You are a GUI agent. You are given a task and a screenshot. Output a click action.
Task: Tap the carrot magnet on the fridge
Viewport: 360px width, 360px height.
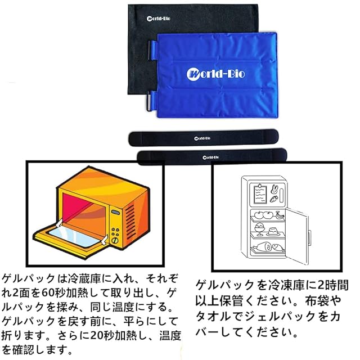(273, 199)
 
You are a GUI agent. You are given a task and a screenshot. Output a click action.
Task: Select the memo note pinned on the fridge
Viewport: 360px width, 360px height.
(259, 194)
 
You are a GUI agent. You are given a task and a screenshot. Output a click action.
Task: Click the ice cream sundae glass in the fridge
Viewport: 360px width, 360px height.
(260, 228)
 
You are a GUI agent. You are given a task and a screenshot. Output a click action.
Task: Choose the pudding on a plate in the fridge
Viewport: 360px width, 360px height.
(273, 231)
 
